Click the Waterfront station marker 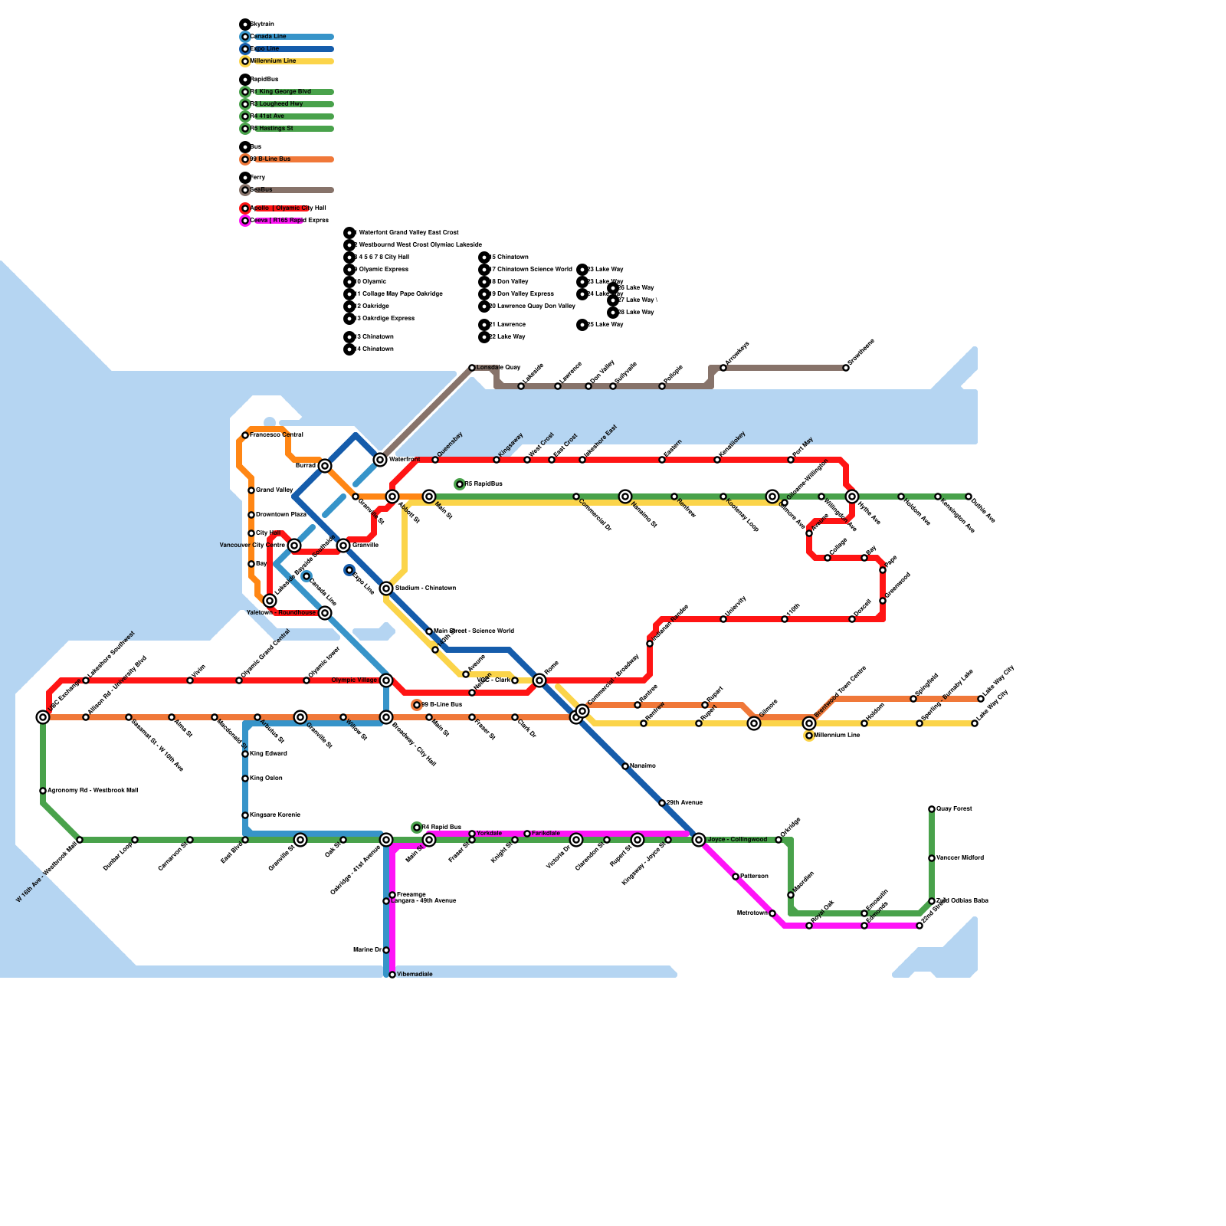tap(380, 460)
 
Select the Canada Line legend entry tap(268, 37)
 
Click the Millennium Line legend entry tap(273, 61)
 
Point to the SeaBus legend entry tap(261, 190)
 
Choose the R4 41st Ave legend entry tap(267, 116)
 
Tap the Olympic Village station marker tap(386, 680)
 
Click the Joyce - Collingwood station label tap(736, 840)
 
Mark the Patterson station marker tap(736, 877)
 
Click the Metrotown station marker tap(772, 913)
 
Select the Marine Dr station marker tap(386, 950)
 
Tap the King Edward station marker tap(245, 754)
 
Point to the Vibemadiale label tap(415, 975)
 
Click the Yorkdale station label tap(489, 834)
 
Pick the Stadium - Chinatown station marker tap(386, 588)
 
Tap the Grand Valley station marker tap(251, 490)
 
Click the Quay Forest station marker tap(932, 809)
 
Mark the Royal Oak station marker tap(809, 926)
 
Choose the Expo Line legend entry tap(265, 49)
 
